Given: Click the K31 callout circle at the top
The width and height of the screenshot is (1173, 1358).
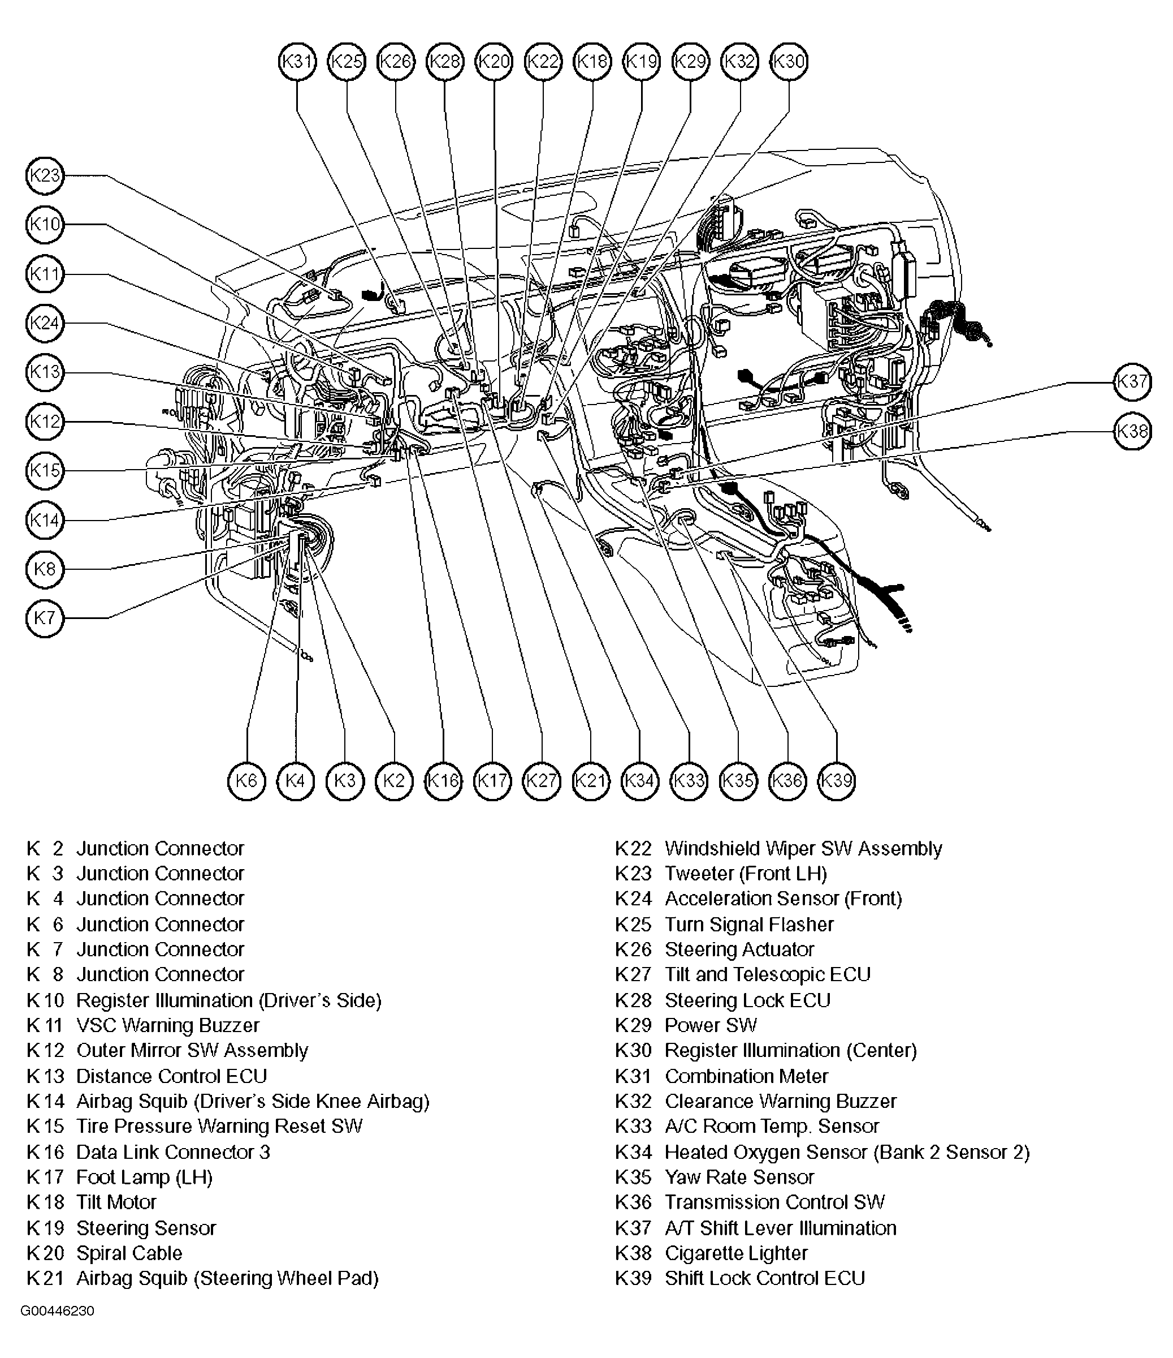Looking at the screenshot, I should (x=297, y=62).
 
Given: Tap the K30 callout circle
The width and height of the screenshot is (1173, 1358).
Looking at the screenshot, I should (x=789, y=62).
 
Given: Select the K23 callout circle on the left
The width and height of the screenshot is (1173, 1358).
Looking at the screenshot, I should (x=45, y=175).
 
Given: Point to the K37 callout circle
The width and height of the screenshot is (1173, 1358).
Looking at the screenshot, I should (x=1132, y=381).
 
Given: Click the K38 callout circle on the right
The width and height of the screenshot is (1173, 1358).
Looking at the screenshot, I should (x=1132, y=431).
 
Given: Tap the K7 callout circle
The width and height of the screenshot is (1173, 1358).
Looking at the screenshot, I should (x=45, y=618).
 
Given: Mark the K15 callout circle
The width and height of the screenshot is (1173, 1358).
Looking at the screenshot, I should (x=45, y=471).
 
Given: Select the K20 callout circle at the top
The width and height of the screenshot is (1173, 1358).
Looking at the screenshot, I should (x=494, y=62).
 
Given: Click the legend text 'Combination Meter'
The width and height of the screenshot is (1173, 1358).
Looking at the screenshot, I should (x=746, y=1076).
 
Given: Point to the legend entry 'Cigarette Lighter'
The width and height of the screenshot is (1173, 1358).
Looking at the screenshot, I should (x=735, y=1253).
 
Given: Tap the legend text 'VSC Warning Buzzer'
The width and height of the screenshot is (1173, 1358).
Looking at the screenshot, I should (x=168, y=1025).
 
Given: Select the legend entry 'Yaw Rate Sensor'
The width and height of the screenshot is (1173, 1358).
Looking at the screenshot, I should (x=739, y=1177).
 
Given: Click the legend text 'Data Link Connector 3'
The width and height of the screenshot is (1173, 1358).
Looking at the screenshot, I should (x=173, y=1152).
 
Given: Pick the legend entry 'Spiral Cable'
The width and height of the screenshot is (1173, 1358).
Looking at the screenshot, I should (x=129, y=1253).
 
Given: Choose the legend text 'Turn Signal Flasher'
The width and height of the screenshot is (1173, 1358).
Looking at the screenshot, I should (x=748, y=924).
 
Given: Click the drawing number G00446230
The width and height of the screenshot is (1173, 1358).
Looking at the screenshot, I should (x=58, y=1312).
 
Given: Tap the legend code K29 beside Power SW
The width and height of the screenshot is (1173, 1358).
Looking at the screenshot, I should (x=633, y=1025).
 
